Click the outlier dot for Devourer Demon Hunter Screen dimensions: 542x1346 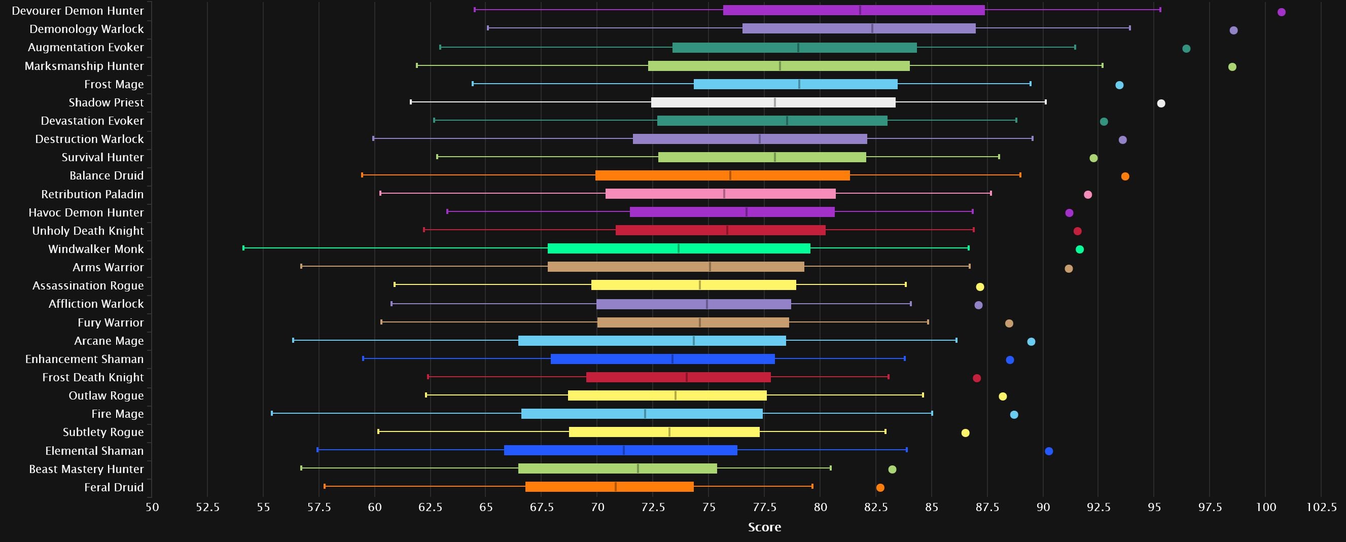pyautogui.click(x=1281, y=12)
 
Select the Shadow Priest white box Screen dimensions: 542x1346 pyautogui.click(x=773, y=102)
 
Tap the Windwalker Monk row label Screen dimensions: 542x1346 pyautogui.click(x=96, y=249)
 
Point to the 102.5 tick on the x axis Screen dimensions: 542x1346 pyautogui.click(x=1322, y=507)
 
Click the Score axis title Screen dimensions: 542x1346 pyautogui.click(x=764, y=527)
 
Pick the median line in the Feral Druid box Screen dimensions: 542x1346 pyautogui.click(x=616, y=487)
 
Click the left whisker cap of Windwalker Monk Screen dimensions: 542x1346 pyautogui.click(x=243, y=248)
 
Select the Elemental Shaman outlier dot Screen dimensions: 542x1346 pyautogui.click(x=1049, y=451)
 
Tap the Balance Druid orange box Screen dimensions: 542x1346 pyautogui.click(x=722, y=175)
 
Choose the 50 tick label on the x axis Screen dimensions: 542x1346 pyautogui.click(x=152, y=507)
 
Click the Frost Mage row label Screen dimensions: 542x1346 pyautogui.click(x=114, y=84)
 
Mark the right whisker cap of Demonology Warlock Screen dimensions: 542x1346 pyautogui.click(x=1129, y=28)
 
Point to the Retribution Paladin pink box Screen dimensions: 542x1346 pyautogui.click(x=720, y=194)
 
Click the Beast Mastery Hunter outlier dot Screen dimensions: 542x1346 pyautogui.click(x=893, y=469)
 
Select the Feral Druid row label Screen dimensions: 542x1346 pyautogui.click(x=114, y=487)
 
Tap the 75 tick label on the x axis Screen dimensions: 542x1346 pyautogui.click(x=709, y=507)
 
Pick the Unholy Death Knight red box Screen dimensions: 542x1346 pyautogui.click(x=720, y=230)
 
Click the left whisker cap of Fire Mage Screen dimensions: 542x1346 pyautogui.click(x=272, y=414)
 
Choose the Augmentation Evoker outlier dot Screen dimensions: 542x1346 pyautogui.click(x=1186, y=49)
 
